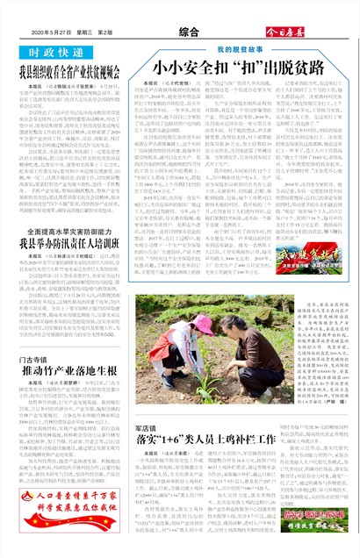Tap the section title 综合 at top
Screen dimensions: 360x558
click(178, 32)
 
